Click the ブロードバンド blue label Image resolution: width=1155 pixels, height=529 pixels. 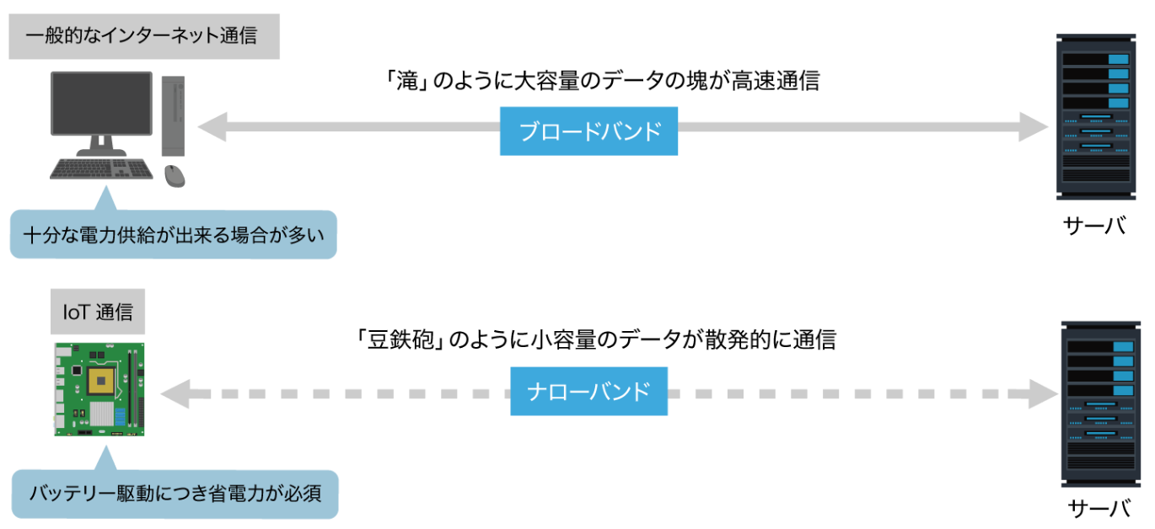(588, 131)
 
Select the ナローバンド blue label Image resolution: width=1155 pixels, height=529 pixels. (588, 391)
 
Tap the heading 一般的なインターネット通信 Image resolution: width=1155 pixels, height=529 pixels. (144, 37)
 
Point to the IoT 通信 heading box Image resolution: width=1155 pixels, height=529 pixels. (98, 313)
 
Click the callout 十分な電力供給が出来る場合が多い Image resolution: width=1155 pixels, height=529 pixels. (173, 235)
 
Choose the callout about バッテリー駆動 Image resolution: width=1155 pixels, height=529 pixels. (175, 493)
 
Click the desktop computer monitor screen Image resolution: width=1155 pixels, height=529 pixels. (101, 103)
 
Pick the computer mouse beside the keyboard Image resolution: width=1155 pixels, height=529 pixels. (175, 175)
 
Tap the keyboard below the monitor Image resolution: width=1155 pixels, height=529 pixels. (101, 170)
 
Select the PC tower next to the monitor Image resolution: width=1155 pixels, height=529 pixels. (173, 115)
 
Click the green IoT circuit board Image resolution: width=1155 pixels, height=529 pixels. (99, 388)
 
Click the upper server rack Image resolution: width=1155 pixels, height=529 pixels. (1095, 116)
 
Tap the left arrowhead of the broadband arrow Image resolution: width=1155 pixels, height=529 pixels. (211, 128)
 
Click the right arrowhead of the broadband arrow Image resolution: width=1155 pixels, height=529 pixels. (1034, 128)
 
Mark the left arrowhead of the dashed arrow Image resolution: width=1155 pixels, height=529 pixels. (174, 393)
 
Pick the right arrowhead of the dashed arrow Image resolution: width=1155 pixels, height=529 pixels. (1043, 393)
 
